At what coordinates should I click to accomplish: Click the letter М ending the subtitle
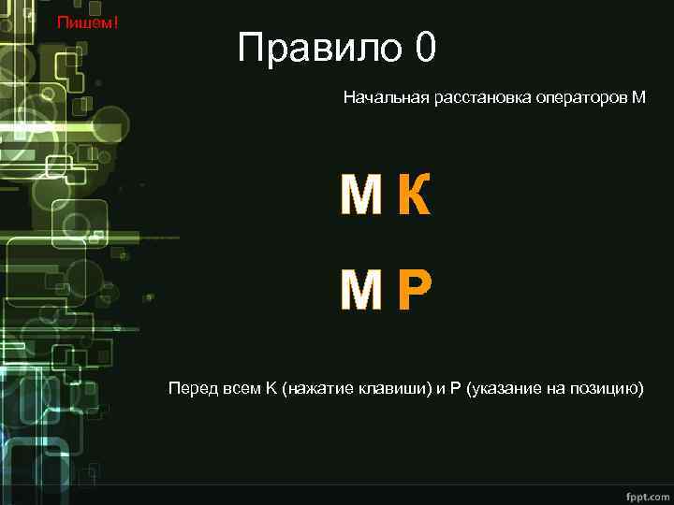pos(639,97)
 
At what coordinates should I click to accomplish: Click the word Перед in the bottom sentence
pos(190,388)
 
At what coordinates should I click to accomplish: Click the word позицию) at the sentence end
pos(608,388)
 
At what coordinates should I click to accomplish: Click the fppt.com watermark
pos(642,492)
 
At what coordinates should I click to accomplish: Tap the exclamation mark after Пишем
pos(115,22)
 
